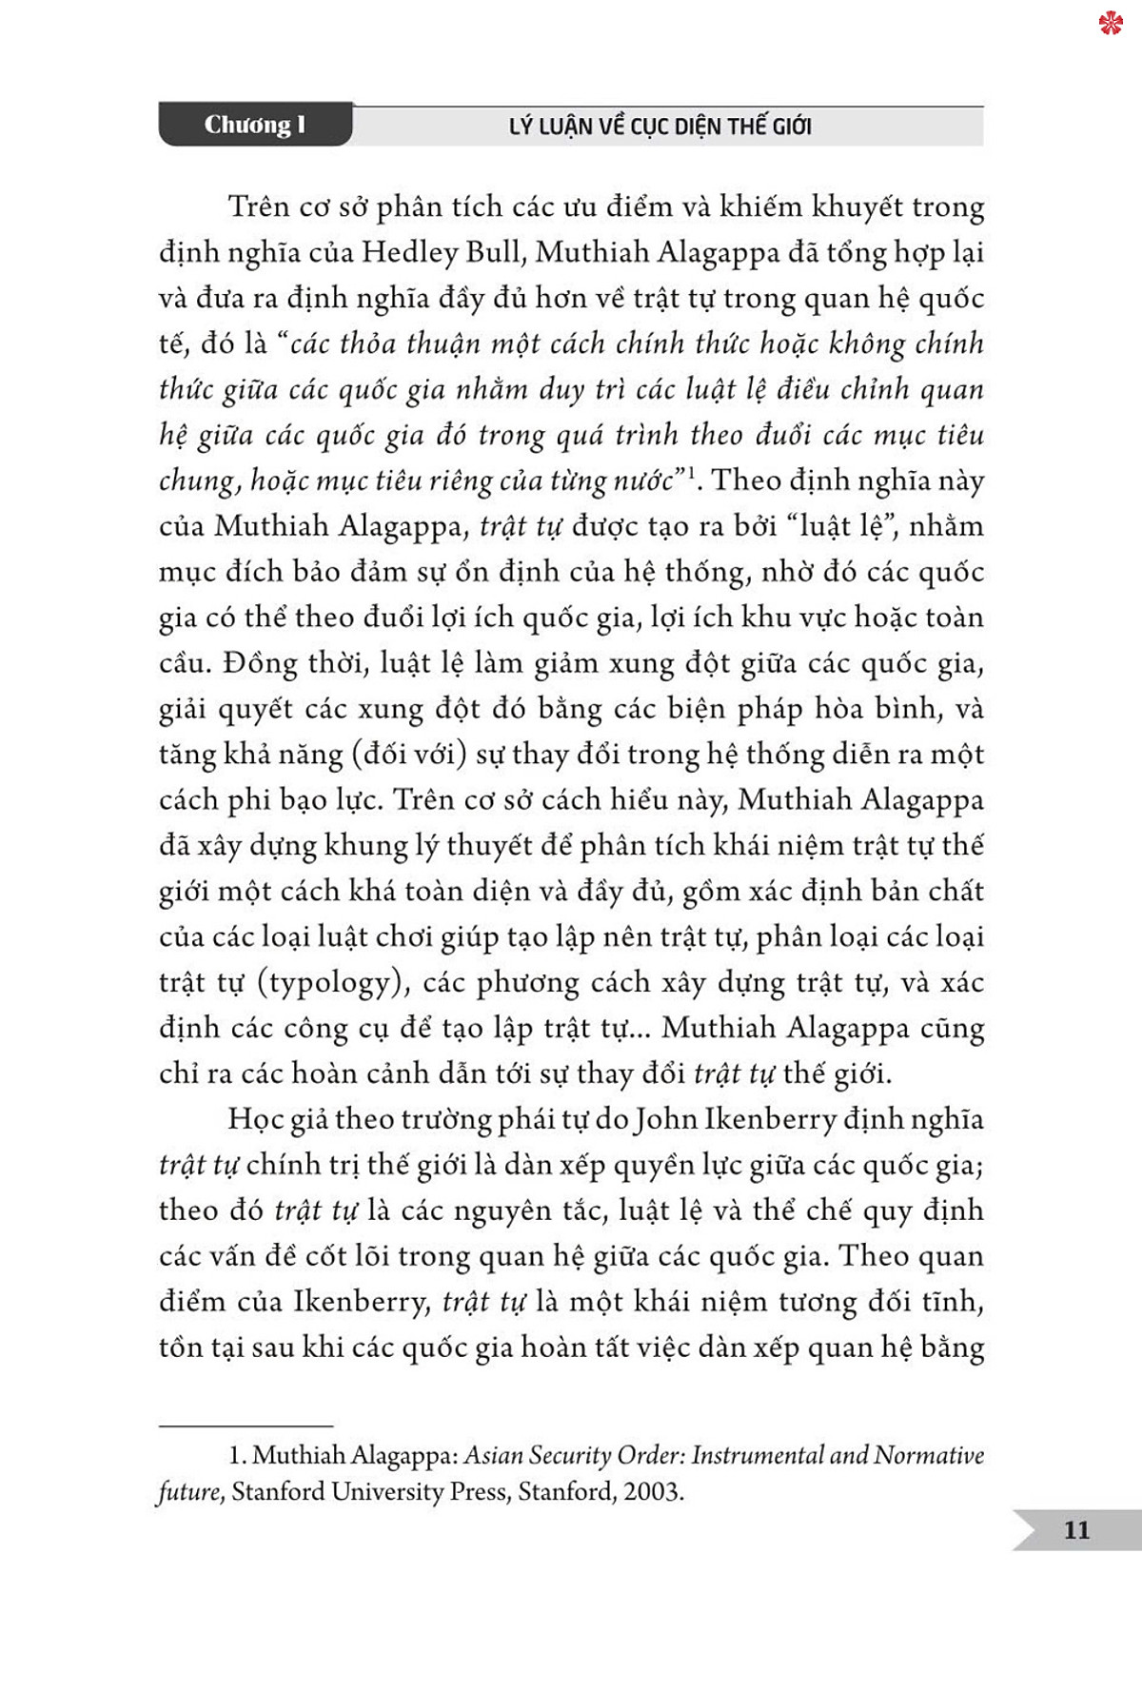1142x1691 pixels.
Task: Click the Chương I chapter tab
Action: [255, 125]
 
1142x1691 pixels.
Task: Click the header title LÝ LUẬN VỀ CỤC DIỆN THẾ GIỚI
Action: [660, 127]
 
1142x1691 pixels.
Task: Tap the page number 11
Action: [1076, 1530]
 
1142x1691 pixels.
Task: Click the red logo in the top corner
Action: [1111, 23]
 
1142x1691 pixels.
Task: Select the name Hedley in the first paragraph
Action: [410, 252]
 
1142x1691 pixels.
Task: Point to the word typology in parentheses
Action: [331, 982]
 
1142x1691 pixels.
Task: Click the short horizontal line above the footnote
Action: [246, 1426]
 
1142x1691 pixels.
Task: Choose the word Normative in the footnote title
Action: [929, 1455]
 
